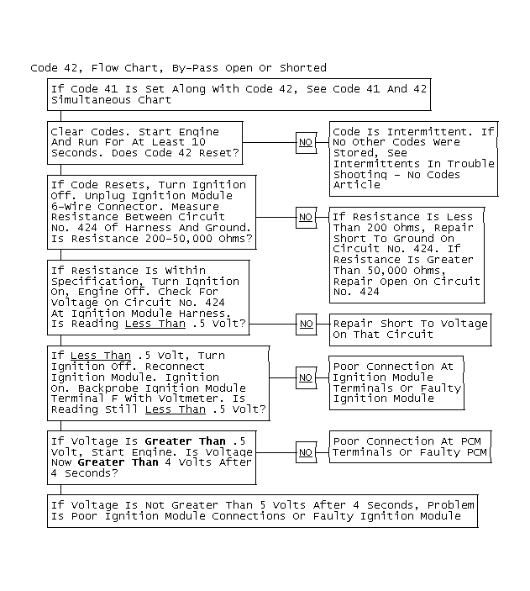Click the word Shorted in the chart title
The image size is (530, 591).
click(303, 68)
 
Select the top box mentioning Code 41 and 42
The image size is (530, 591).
click(239, 94)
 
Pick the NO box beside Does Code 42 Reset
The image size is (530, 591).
click(306, 143)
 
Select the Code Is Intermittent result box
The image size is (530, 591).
click(413, 158)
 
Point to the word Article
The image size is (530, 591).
click(356, 185)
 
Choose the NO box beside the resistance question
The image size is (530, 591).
click(306, 217)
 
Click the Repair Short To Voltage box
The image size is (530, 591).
click(409, 329)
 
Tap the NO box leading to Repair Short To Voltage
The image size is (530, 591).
click(306, 324)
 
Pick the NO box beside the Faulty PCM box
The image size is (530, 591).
click(306, 452)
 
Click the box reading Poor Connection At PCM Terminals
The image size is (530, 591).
click(409, 447)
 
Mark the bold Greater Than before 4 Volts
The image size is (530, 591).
click(118, 462)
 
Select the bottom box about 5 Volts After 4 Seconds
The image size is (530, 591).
click(262, 510)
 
